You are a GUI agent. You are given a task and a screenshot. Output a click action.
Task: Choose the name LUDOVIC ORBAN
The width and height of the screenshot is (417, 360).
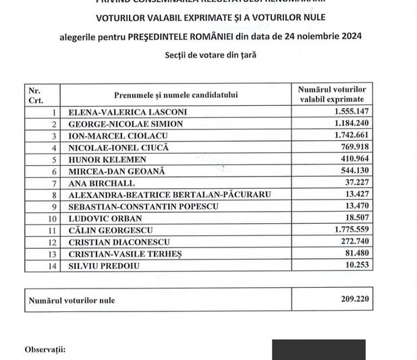point(101,218)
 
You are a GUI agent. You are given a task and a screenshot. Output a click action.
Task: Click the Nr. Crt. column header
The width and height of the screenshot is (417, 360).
point(34,94)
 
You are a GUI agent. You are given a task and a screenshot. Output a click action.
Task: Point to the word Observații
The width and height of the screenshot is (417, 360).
point(45,350)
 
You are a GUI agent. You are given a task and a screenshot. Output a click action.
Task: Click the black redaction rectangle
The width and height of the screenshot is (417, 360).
point(318,350)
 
